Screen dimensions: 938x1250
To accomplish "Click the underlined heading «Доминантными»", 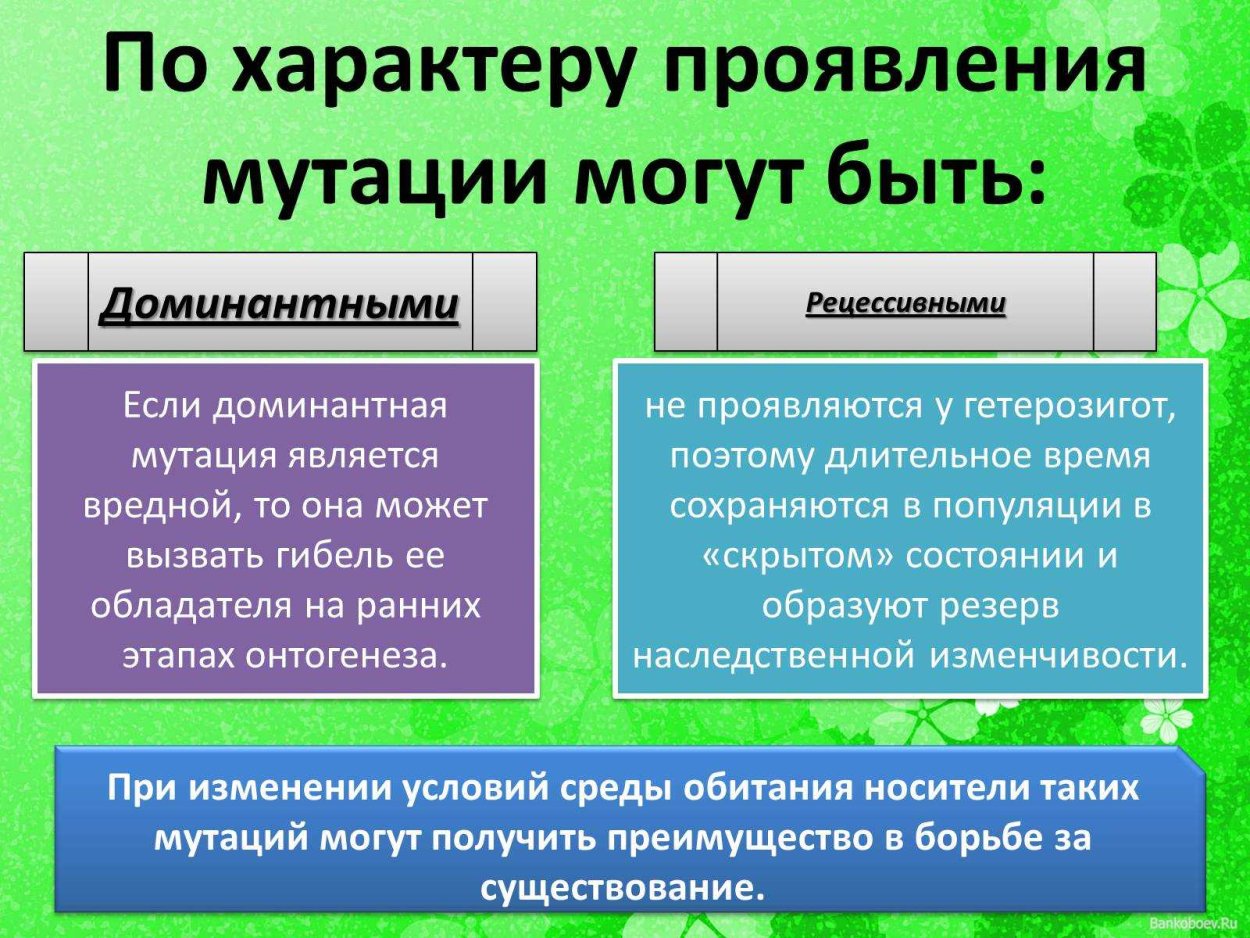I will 280,303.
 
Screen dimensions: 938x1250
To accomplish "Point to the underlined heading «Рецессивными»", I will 905,303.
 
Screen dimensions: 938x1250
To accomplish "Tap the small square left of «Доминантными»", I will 56,302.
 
